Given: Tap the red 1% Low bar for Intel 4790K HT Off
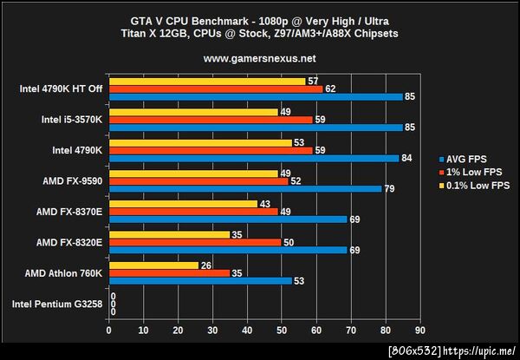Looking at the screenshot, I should point(216,88).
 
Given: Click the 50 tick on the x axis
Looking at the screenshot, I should point(282,331).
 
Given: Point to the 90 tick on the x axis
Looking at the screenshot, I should point(420,331).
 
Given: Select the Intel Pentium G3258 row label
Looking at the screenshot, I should point(57,304).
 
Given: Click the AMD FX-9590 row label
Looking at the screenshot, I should point(72,180).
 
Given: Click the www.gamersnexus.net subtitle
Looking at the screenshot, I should point(259,59).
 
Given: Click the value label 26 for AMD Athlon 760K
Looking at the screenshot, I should point(206,265).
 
